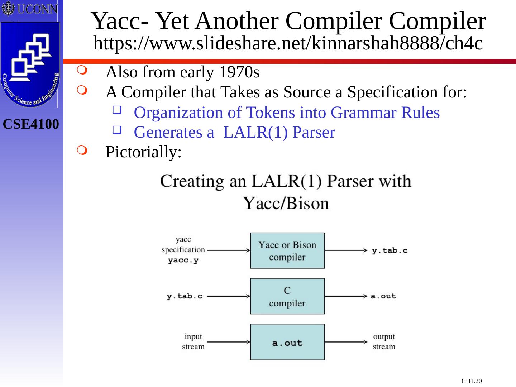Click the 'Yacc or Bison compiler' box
[x=287, y=250]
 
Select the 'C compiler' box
[x=287, y=296]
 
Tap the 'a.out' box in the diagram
[x=287, y=342]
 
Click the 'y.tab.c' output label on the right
[x=390, y=250]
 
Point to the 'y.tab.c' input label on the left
[x=185, y=296]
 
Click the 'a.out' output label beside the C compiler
[x=383, y=296]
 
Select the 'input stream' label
[x=193, y=341]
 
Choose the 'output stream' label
[x=384, y=341]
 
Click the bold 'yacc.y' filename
[x=183, y=261]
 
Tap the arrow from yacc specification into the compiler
[x=228, y=250]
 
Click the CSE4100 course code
[x=31, y=124]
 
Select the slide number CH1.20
[x=472, y=381]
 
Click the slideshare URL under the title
[x=288, y=44]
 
